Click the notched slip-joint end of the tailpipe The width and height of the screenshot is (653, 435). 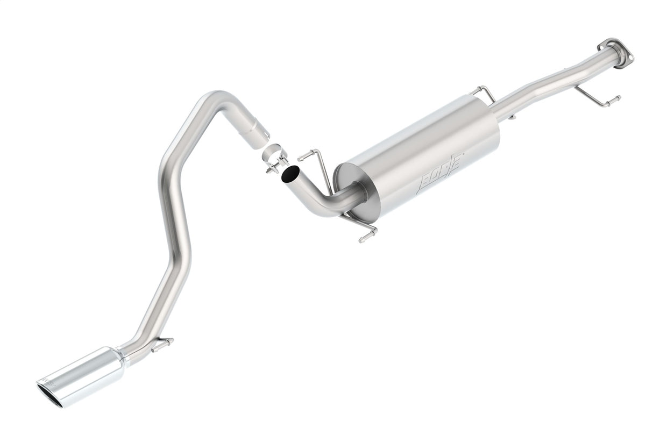pos(257,133)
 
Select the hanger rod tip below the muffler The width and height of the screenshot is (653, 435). pos(366,237)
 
